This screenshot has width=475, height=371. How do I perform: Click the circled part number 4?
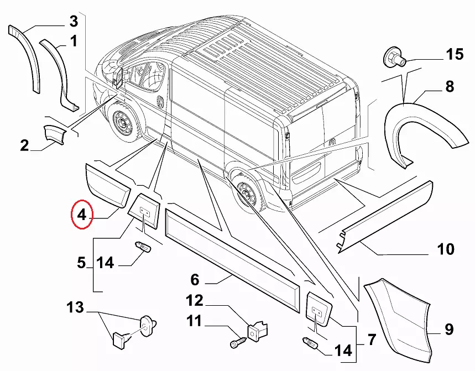(x=82, y=216)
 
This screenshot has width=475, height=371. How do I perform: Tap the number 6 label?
(x=195, y=279)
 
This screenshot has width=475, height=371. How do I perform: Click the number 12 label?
(x=194, y=301)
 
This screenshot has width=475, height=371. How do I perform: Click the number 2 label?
(x=24, y=146)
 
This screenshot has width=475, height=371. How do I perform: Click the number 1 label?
(x=74, y=40)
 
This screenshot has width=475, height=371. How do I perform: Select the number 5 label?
(x=81, y=263)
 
